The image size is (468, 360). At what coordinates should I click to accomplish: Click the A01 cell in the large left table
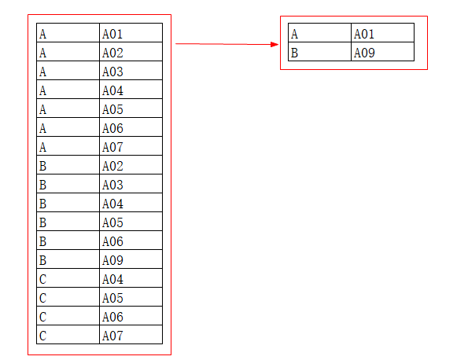tap(131, 33)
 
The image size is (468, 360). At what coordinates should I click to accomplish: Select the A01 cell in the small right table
tap(382, 33)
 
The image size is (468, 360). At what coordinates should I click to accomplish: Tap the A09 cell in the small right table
tap(382, 52)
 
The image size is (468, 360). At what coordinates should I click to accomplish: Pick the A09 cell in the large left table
tap(131, 259)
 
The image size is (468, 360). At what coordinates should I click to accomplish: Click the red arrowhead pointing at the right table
tap(275, 45)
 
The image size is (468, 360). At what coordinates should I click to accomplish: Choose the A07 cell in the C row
tap(131, 335)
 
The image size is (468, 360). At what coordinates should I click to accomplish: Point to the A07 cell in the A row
tap(131, 146)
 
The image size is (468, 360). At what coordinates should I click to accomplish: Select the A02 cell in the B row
tap(131, 165)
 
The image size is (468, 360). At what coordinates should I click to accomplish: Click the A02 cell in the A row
tap(131, 52)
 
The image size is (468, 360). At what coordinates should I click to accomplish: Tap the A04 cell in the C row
tap(131, 278)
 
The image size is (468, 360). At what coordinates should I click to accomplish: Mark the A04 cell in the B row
tap(131, 203)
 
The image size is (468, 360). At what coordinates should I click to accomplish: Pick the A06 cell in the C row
tap(131, 316)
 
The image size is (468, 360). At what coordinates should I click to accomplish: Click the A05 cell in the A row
tap(131, 108)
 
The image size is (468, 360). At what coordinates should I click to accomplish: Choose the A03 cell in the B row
tap(131, 184)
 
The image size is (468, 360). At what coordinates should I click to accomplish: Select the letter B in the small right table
tap(294, 53)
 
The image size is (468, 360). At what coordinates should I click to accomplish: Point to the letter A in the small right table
tap(294, 34)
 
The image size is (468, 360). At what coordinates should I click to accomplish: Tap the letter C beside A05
tap(42, 298)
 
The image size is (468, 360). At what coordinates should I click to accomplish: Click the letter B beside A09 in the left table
tap(42, 260)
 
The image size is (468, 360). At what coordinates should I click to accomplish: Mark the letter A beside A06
tap(42, 128)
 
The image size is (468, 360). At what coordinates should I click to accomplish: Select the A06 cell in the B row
tap(131, 241)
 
